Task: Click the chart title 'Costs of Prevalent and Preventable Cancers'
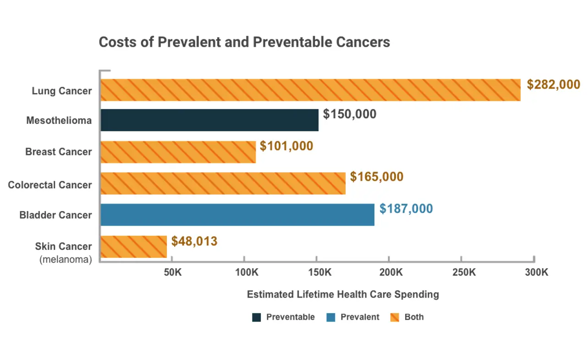(244, 42)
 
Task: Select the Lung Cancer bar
(310, 90)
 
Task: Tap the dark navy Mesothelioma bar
(209, 120)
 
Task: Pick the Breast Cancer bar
(178, 152)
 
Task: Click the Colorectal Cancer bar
(223, 183)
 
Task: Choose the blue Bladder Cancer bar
(237, 215)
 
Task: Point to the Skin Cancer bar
(133, 246)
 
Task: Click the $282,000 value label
(553, 85)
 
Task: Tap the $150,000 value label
(349, 114)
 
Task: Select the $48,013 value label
(194, 241)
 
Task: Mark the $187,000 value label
(406, 209)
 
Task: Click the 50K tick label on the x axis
(173, 272)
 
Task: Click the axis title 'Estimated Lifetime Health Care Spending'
(343, 294)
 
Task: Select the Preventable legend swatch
(257, 317)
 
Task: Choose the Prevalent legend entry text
(360, 317)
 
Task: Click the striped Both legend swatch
(395, 317)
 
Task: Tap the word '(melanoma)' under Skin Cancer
(66, 260)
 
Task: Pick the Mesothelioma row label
(59, 121)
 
